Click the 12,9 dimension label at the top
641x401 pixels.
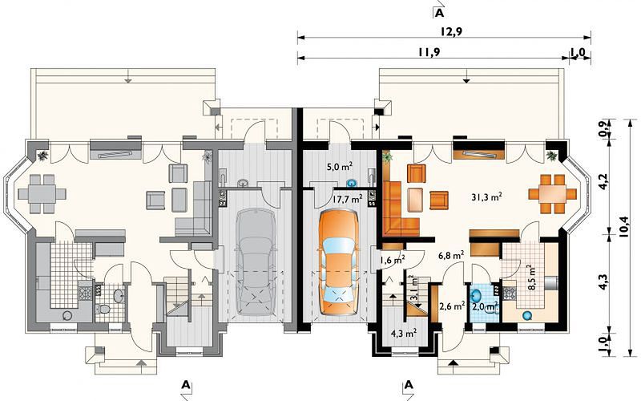click(451, 32)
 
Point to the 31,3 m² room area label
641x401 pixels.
click(486, 196)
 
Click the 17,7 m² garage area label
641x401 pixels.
click(347, 199)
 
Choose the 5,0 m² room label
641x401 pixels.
click(340, 167)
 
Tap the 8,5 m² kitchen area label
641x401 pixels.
click(532, 277)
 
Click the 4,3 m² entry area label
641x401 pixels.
click(404, 333)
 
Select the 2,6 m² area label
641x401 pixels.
click(452, 306)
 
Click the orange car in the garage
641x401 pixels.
click(338, 262)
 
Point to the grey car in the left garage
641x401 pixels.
click(255, 262)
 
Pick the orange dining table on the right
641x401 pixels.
click(552, 193)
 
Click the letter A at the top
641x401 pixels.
click(439, 13)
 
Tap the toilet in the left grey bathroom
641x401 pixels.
click(104, 310)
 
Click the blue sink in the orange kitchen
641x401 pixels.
click(527, 315)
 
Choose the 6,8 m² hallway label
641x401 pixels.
click(451, 255)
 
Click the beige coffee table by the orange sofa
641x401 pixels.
click(415, 199)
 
